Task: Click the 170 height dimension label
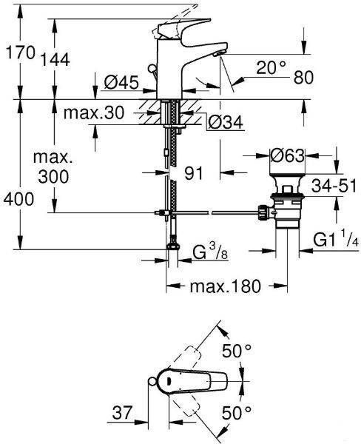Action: tap(21, 53)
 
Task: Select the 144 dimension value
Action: tap(55, 60)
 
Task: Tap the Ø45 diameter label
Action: tap(121, 82)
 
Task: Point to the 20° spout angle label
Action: tap(271, 67)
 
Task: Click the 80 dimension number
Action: tap(303, 77)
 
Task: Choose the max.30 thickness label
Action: tap(94, 112)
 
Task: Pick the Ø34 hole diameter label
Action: tap(226, 122)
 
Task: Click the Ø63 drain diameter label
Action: tap(287, 155)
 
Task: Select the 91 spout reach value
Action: tap(194, 173)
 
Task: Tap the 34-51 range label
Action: tap(334, 186)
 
